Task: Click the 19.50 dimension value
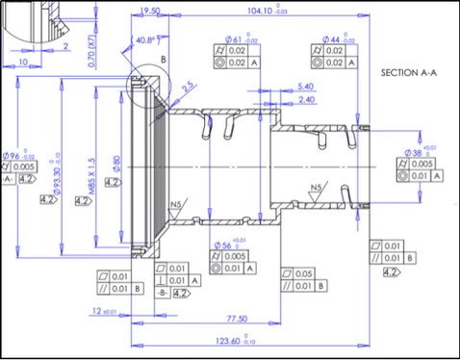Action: (x=150, y=11)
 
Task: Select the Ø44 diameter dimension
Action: (x=331, y=38)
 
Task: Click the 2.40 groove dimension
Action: (x=308, y=99)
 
